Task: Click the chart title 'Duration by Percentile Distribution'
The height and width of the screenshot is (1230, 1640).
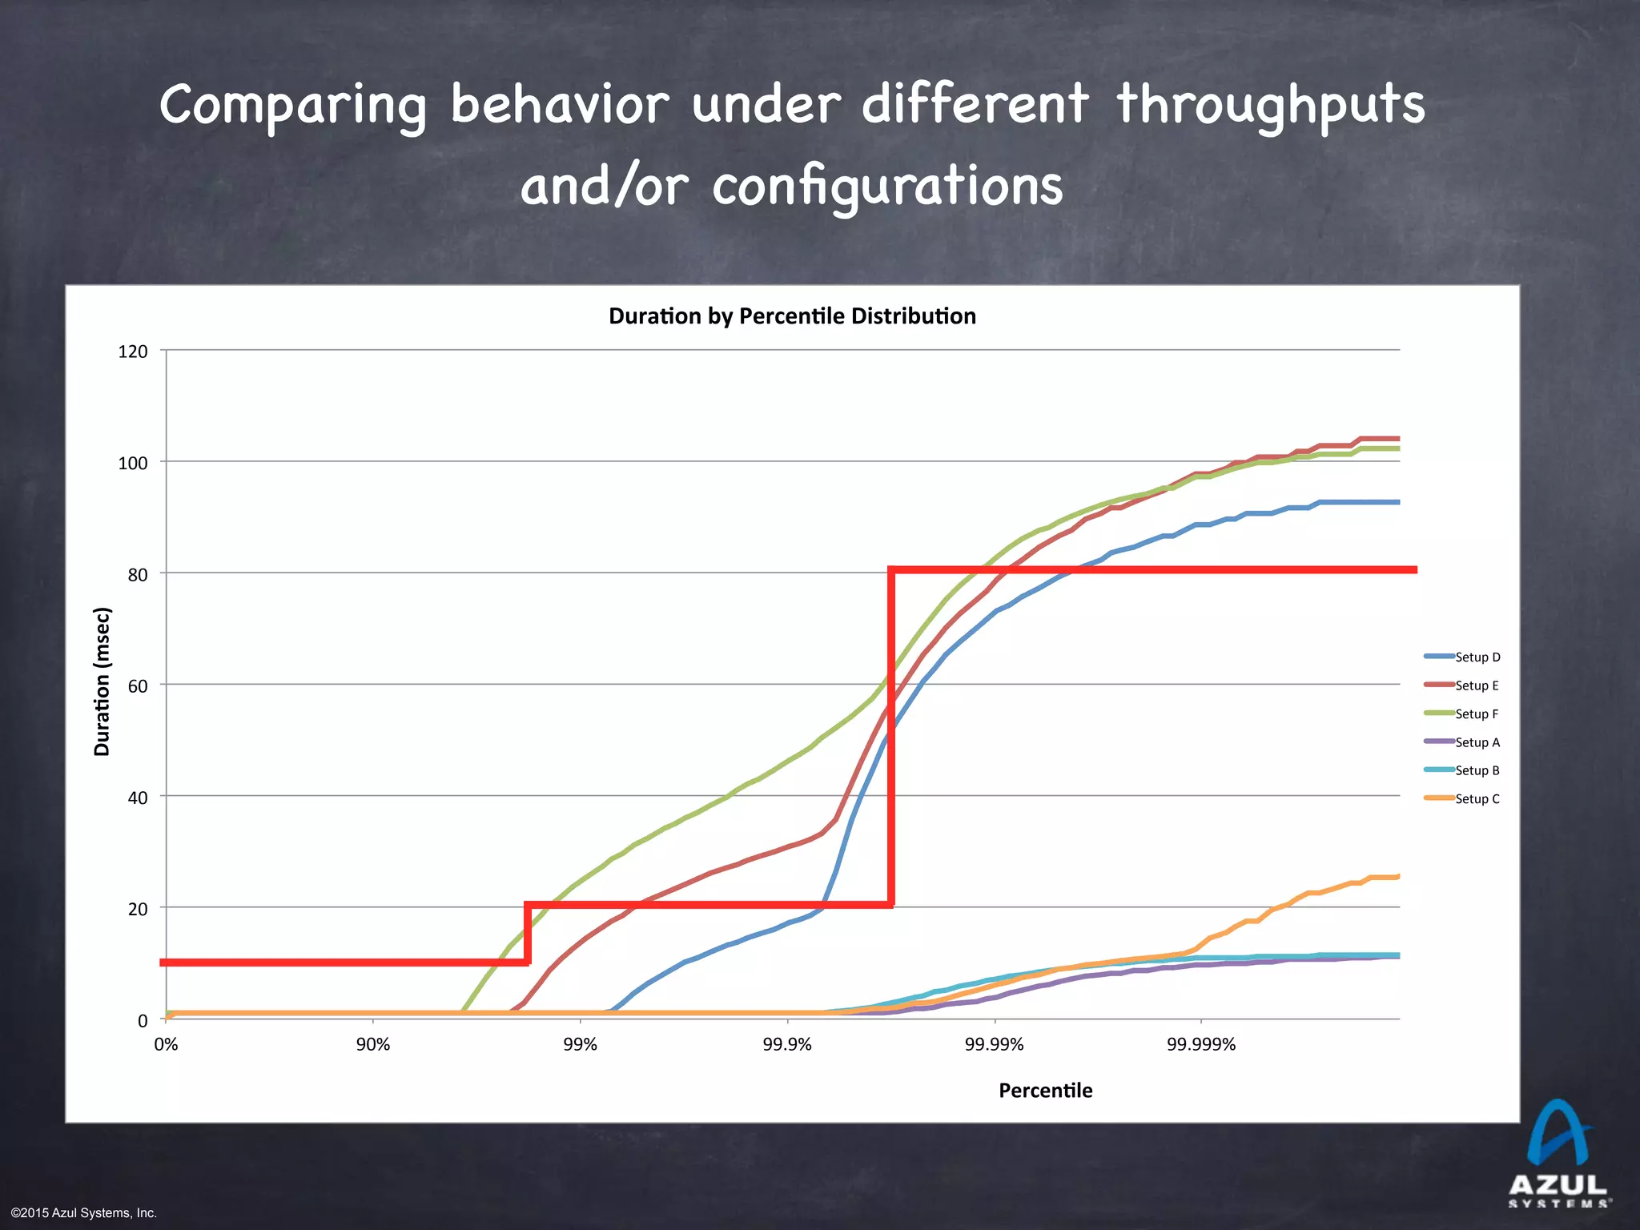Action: [792, 316]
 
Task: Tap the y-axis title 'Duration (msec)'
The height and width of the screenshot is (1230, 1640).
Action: [102, 682]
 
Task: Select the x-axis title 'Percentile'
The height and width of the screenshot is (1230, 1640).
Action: [1045, 1091]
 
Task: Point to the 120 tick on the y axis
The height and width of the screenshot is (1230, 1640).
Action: [133, 352]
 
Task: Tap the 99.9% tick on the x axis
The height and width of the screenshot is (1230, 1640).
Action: [787, 1044]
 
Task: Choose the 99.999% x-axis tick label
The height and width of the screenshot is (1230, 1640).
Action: [1201, 1044]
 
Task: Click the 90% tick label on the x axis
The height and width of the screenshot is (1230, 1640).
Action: [373, 1044]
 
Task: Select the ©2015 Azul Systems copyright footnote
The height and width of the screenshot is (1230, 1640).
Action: [84, 1213]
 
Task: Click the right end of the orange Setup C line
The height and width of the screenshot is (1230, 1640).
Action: [1398, 877]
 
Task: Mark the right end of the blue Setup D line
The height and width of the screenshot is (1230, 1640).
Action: [1398, 502]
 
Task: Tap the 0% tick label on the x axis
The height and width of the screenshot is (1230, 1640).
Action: [166, 1044]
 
